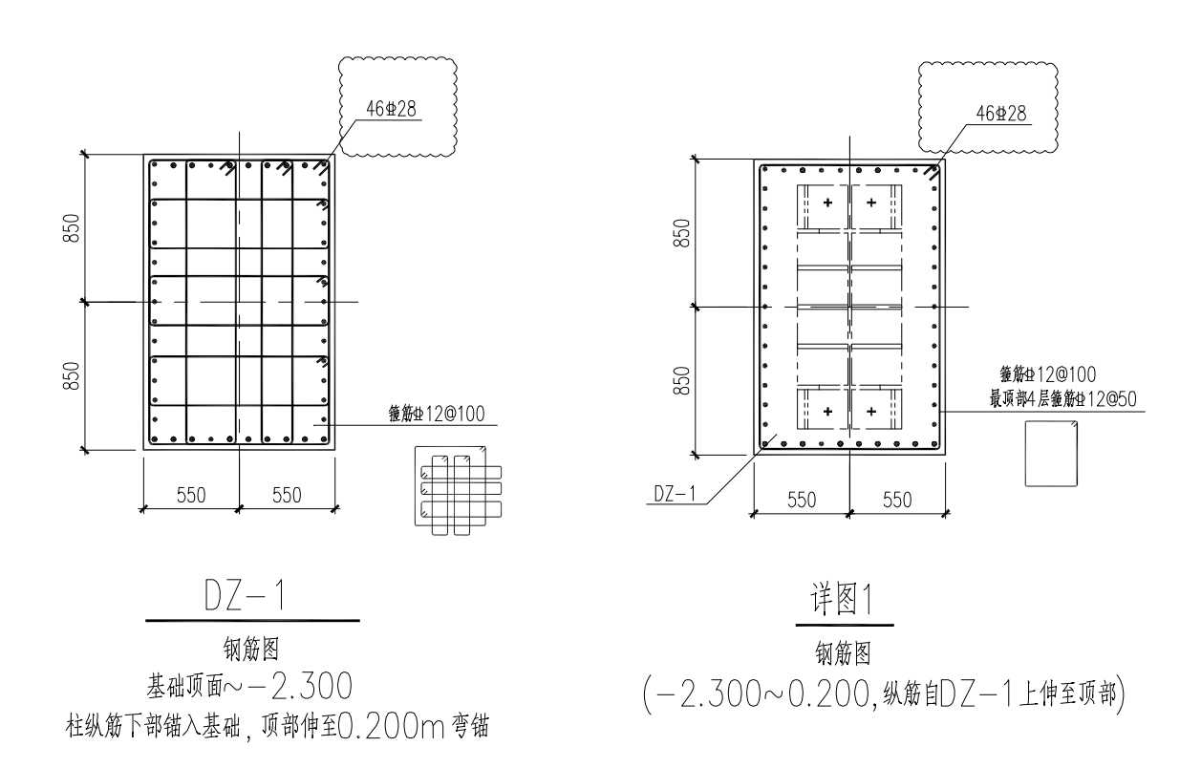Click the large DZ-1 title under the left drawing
[245, 595]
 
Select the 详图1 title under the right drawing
[842, 599]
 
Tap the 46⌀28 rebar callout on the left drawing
[391, 109]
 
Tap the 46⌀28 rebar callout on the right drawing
[1001, 113]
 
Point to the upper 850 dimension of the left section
[72, 227]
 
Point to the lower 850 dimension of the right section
[681, 380]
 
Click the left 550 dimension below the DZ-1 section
[191, 495]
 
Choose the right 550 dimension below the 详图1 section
[897, 500]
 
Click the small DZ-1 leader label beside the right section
[675, 494]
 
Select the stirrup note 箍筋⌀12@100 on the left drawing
[437, 414]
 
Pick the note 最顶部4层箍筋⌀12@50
[1062, 398]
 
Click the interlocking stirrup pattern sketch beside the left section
[459, 490]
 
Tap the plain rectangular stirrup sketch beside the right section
[1051, 454]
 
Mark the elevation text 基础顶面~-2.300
[249, 687]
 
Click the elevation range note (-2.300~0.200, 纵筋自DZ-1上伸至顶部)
[884, 694]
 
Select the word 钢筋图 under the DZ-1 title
[251, 649]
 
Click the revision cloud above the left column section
[397, 107]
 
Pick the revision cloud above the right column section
[988, 109]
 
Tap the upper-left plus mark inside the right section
[827, 203]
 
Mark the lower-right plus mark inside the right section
[871, 411]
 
